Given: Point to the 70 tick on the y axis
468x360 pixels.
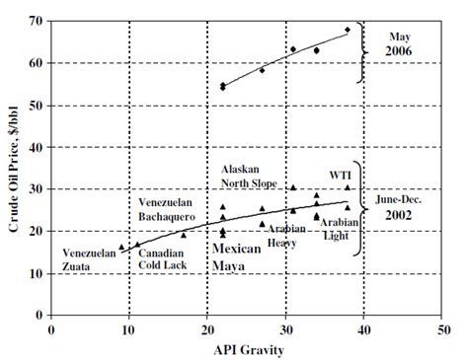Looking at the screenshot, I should (36, 21).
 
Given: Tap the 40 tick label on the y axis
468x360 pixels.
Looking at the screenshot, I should (36, 147).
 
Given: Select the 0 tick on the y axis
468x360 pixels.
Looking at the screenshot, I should (39, 316).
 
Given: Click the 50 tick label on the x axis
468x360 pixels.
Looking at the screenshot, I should (444, 328).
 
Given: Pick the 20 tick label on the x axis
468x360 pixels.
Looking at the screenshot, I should (207, 328).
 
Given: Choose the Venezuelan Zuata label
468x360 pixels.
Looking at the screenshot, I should (89, 257).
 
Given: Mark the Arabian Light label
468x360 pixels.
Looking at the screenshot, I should (338, 229).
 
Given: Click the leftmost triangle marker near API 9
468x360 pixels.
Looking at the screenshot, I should (121, 248).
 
